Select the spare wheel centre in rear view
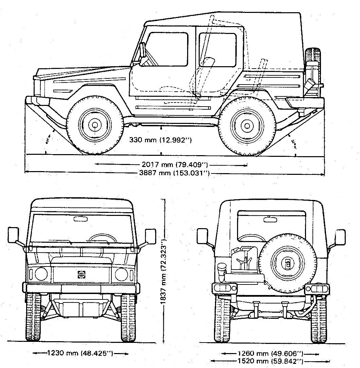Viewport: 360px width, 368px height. (x=288, y=263)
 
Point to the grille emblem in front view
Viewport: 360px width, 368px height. (x=81, y=274)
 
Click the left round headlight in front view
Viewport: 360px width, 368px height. (x=41, y=274)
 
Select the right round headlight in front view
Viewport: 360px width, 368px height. (x=121, y=274)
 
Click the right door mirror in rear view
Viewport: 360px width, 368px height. (x=340, y=236)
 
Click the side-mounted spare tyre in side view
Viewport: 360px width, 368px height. (x=313, y=71)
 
